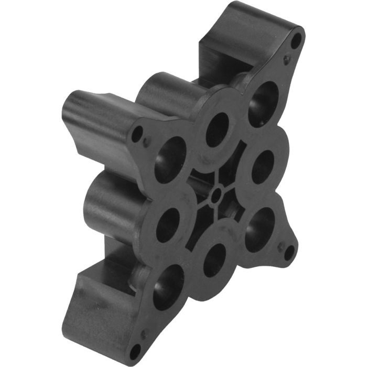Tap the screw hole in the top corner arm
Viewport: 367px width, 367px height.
(x=296, y=39)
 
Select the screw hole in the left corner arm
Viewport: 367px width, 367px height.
(x=137, y=134)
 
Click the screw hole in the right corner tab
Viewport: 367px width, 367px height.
(x=289, y=252)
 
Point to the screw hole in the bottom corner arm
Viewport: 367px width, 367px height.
(x=135, y=350)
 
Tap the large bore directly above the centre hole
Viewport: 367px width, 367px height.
(x=218, y=129)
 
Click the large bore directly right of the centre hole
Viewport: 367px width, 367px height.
(x=262, y=167)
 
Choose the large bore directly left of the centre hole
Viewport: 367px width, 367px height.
(x=169, y=224)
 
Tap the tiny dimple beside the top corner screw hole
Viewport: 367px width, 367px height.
(x=286, y=59)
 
